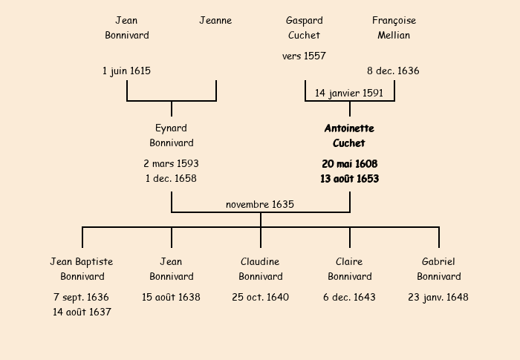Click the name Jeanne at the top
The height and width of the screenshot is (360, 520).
coord(215,21)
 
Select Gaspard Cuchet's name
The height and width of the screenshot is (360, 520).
coord(304,28)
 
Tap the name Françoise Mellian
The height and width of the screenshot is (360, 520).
coord(394,28)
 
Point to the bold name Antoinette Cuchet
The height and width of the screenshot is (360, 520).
coord(349,136)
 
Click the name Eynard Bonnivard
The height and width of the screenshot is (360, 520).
coord(171,136)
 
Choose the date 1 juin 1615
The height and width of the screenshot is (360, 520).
coord(126,71)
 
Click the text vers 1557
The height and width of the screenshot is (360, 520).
coord(304,56)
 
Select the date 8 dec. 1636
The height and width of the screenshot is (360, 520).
coord(393,71)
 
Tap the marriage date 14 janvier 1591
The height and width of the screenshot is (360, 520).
coord(349,93)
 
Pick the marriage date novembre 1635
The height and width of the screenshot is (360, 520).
coord(260,204)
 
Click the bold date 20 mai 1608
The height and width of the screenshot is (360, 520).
coord(349,163)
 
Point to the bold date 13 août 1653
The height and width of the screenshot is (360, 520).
coord(349,178)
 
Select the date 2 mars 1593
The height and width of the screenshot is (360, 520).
coord(171,163)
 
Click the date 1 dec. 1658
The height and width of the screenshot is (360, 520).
coord(171,178)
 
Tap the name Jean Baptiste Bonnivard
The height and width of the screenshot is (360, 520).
coord(82,269)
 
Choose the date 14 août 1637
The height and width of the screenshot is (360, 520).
coord(82,312)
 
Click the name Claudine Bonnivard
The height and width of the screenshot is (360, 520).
coord(260,269)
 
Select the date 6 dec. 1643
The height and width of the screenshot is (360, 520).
coord(349,297)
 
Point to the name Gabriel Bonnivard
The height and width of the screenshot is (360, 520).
coord(438,269)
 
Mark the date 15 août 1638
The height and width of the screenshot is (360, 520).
coord(171,297)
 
